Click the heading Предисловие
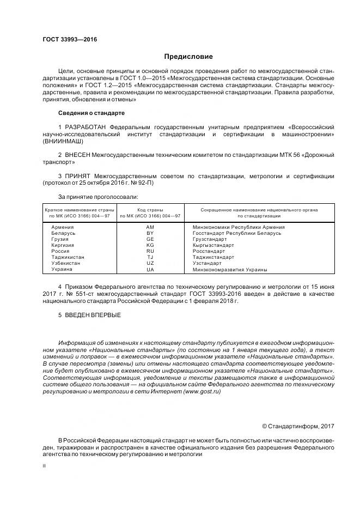click(188, 57)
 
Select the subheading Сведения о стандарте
click(91, 113)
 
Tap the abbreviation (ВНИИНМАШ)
click(64, 141)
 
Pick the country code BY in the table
click(150, 233)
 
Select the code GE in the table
click(150, 239)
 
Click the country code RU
click(150, 251)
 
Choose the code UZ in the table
click(150, 263)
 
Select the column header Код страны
click(150, 210)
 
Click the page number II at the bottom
click(45, 466)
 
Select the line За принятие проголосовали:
click(98, 196)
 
